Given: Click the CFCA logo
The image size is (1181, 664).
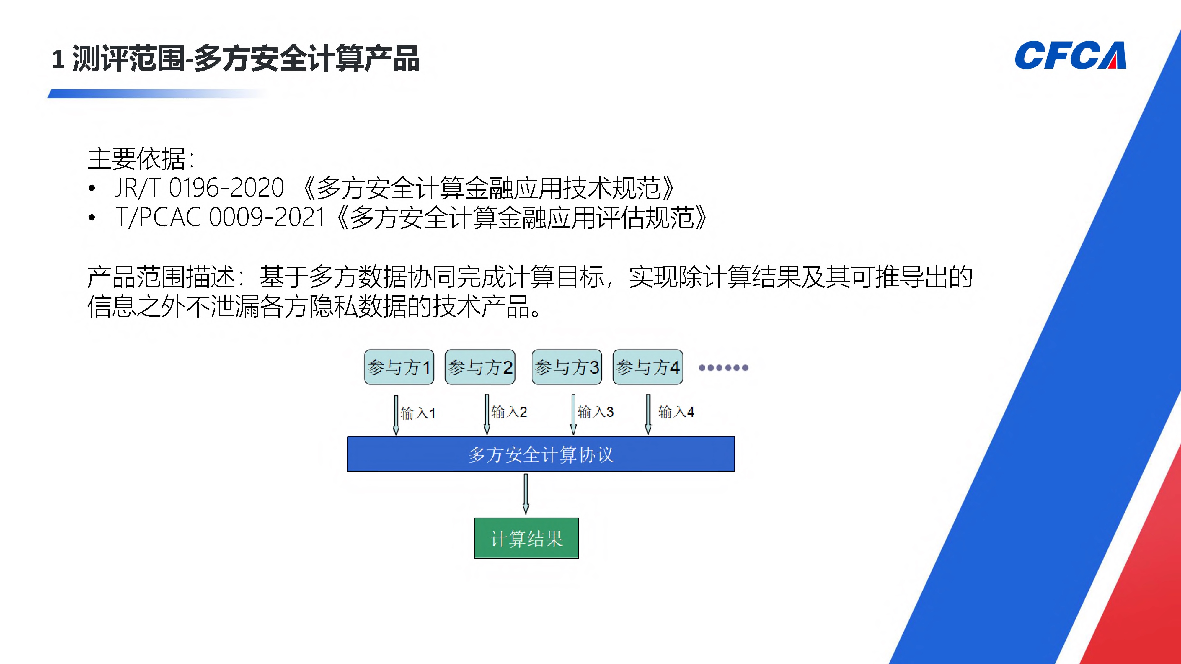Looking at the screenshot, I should coord(1070,56).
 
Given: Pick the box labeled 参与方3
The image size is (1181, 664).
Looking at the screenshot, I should coord(567,367).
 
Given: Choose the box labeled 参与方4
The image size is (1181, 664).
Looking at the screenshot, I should coord(648,367).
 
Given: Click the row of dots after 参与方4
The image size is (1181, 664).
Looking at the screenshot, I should coord(723,367).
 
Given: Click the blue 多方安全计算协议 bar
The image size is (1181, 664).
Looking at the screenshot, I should coord(541,454).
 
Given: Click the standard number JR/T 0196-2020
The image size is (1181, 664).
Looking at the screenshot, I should coord(199,188).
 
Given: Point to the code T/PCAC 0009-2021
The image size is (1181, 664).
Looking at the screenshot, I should coord(220,217).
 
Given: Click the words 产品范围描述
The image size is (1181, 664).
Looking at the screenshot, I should coord(160,277).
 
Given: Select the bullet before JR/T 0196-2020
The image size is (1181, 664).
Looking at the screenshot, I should coord(92,188).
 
